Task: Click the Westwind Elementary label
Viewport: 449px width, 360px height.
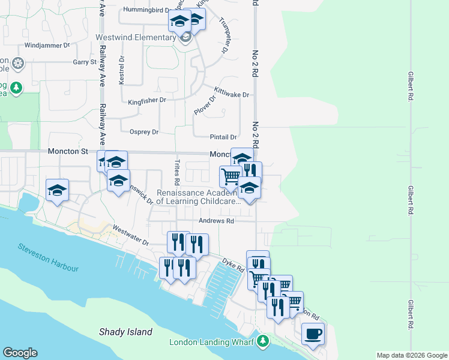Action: (136, 37)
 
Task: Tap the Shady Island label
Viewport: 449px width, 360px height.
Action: (126, 332)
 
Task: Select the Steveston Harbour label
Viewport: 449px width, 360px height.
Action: (48, 257)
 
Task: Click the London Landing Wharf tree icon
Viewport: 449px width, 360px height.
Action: (262, 342)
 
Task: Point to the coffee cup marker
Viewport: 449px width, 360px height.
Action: (312, 334)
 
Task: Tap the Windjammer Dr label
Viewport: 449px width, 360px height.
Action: (47, 45)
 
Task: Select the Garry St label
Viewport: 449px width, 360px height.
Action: (85, 62)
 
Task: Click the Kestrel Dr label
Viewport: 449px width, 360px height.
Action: (121, 70)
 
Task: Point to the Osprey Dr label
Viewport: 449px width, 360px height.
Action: (144, 131)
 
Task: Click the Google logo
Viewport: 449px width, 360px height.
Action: (20, 353)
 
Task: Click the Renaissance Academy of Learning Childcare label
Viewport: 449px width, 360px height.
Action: (199, 197)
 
